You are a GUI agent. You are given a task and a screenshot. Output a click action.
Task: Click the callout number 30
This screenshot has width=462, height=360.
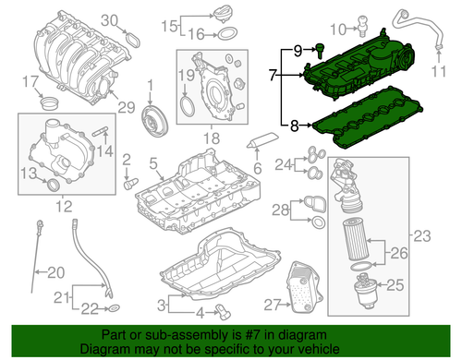(x=109, y=19)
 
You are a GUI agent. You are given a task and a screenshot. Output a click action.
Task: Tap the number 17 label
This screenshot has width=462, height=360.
(x=29, y=79)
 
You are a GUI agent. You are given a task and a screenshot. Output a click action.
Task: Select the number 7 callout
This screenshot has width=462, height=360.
(x=274, y=72)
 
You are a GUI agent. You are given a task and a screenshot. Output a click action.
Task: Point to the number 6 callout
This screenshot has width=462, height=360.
(x=258, y=167)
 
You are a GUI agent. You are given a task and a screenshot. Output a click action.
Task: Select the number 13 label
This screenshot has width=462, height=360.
(x=29, y=173)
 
